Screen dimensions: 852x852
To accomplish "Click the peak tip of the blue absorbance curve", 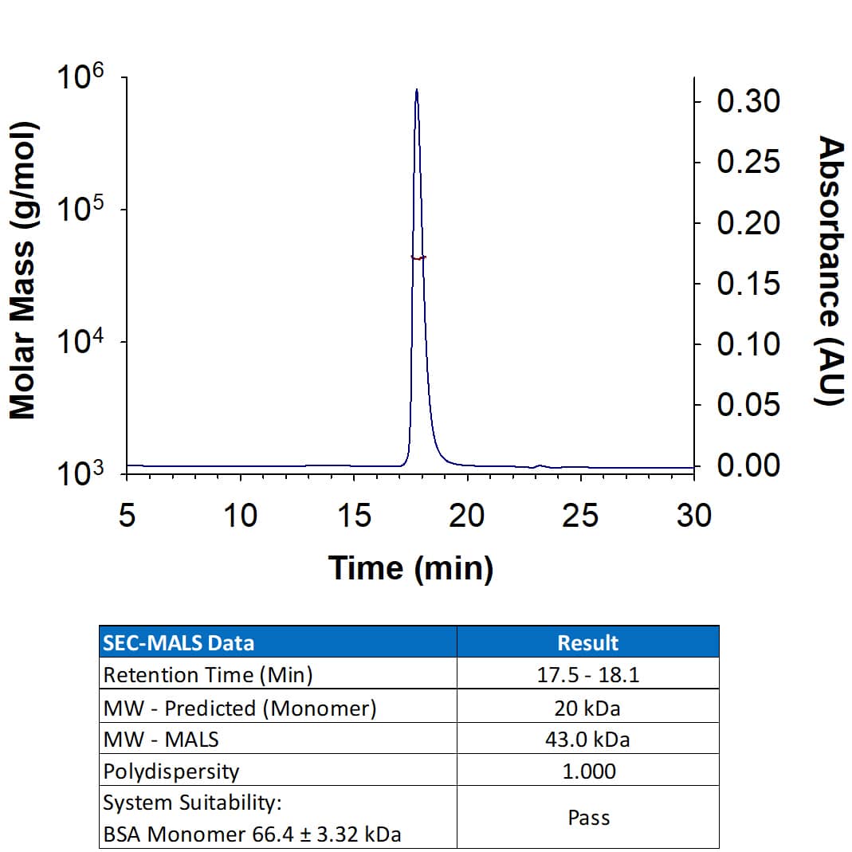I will [416, 90].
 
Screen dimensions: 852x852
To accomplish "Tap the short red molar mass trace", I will [418, 257].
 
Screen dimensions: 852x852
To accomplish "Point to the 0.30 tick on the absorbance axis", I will [696, 101].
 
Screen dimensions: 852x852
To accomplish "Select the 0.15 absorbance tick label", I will [748, 284].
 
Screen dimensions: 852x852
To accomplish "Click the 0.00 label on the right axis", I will [748, 465].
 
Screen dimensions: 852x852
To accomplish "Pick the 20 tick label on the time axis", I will [466, 516].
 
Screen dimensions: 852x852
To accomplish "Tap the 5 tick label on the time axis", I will [127, 516].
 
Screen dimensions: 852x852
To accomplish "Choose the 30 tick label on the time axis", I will [693, 516].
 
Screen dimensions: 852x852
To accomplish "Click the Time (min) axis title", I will [410, 568].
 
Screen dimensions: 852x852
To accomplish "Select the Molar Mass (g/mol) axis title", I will [24, 271].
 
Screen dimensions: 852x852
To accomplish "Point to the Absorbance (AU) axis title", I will [830, 271].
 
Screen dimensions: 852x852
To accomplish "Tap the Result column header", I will [588, 642].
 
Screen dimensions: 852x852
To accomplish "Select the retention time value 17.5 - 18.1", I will [588, 675].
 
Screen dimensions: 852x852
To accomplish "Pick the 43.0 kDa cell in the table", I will [588, 740].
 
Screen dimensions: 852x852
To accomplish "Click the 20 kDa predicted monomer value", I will [588, 708].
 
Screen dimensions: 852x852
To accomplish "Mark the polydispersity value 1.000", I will [588, 772].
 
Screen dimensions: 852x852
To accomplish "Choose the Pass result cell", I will [588, 818].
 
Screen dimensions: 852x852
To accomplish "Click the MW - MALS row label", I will [161, 740].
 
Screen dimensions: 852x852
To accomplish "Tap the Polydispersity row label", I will [171, 772].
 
